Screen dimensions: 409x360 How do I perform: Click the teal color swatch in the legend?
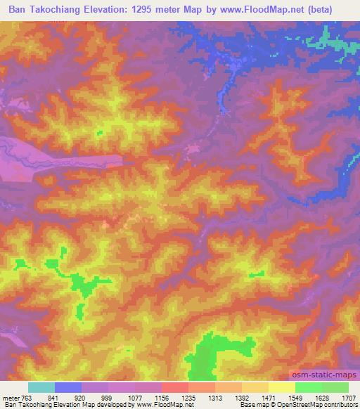(41, 387)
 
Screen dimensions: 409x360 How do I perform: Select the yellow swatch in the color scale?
(281, 387)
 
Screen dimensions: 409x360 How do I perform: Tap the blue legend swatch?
(67, 387)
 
